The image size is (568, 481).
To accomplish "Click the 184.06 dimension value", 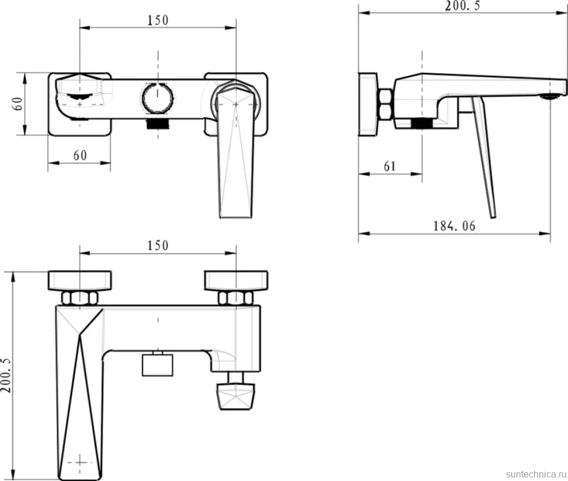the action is tap(454, 226).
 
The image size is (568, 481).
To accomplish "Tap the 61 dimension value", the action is tap(390, 166).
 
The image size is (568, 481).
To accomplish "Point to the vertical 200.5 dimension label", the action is tap(6, 375).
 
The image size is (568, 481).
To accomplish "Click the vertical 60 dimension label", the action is tap(18, 104).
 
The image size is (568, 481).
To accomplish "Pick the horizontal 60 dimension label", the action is tap(80, 155).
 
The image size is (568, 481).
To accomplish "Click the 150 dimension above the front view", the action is tap(158, 20).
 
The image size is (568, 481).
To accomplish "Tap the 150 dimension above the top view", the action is tap(158, 245).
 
